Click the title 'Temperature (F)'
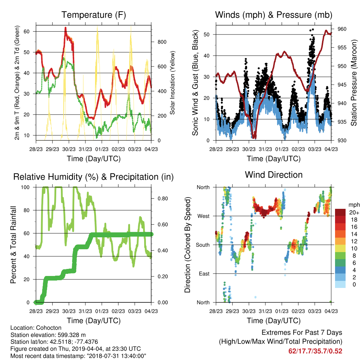[x=94, y=15]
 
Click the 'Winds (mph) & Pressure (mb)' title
[x=274, y=15]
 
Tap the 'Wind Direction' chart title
[x=274, y=175]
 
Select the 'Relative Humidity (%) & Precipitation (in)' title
[x=94, y=177]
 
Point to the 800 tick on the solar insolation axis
[x=162, y=42]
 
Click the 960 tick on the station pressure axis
[x=342, y=29]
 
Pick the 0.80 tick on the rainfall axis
[x=162, y=199]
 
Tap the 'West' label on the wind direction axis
[x=204, y=216]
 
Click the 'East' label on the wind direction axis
[x=204, y=274]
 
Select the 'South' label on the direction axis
[x=203, y=245]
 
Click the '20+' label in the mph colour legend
[x=354, y=213]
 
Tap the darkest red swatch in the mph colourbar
[x=340, y=212]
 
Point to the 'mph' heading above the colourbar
[x=354, y=205]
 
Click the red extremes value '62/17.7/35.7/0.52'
[x=315, y=351]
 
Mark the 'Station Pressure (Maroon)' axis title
[x=354, y=83]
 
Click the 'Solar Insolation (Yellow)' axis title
[x=172, y=83]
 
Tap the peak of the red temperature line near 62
[x=65, y=28]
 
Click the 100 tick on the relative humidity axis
[x=25, y=187]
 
